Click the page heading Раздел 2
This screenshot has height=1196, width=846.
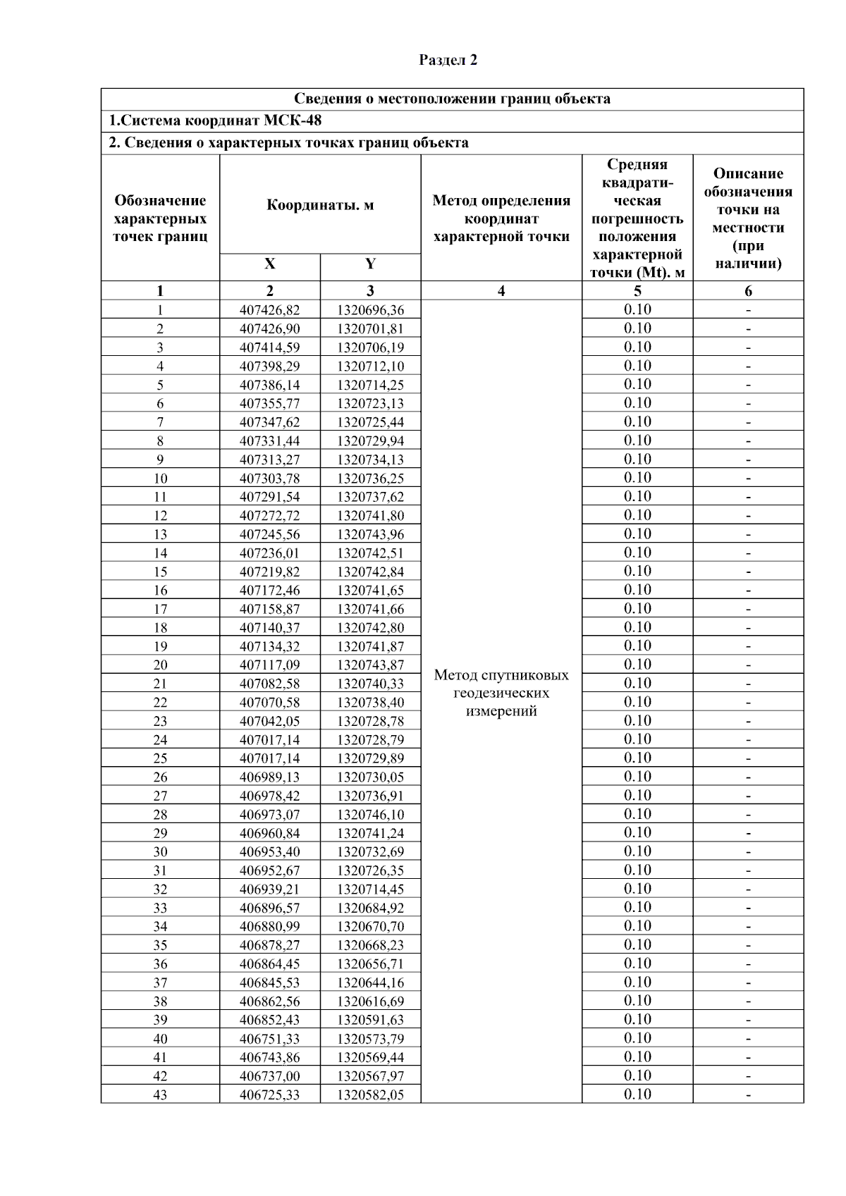(448, 61)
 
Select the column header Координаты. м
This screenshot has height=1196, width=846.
(320, 205)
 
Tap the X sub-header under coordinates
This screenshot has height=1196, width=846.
(270, 264)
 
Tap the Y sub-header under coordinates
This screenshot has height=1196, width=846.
(370, 264)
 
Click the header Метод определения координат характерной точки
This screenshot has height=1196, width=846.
(501, 218)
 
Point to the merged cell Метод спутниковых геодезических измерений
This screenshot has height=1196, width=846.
(501, 693)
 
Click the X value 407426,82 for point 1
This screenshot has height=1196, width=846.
(270, 310)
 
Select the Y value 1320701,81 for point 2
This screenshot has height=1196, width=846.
(370, 328)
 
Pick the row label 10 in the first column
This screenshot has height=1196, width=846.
(160, 479)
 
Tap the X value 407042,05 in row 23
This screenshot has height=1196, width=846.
(270, 721)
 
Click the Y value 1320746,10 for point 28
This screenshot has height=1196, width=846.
(370, 815)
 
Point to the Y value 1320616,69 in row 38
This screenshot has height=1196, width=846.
(370, 1001)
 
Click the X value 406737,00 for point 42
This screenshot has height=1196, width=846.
(270, 1076)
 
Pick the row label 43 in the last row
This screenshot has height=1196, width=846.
(160, 1095)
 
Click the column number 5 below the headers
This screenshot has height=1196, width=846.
(637, 290)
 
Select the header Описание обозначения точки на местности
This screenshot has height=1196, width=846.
(748, 218)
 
